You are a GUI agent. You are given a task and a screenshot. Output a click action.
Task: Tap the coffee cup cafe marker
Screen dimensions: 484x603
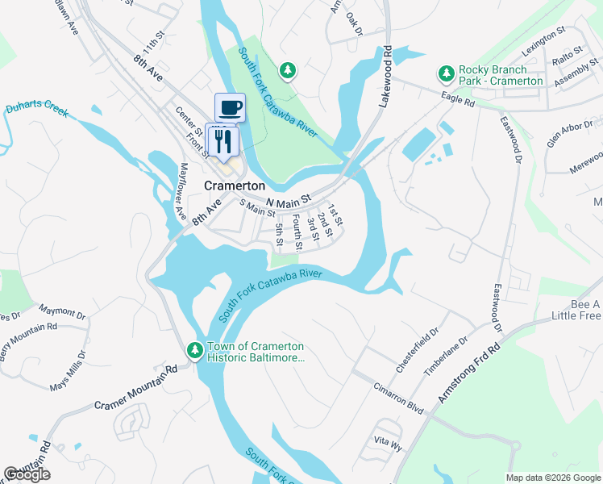230,106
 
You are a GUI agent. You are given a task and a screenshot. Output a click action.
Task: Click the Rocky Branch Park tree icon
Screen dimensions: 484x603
446,75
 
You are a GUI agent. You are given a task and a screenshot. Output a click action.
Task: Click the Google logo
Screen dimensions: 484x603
27,474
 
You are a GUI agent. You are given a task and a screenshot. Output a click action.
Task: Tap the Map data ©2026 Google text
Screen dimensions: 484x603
552,477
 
